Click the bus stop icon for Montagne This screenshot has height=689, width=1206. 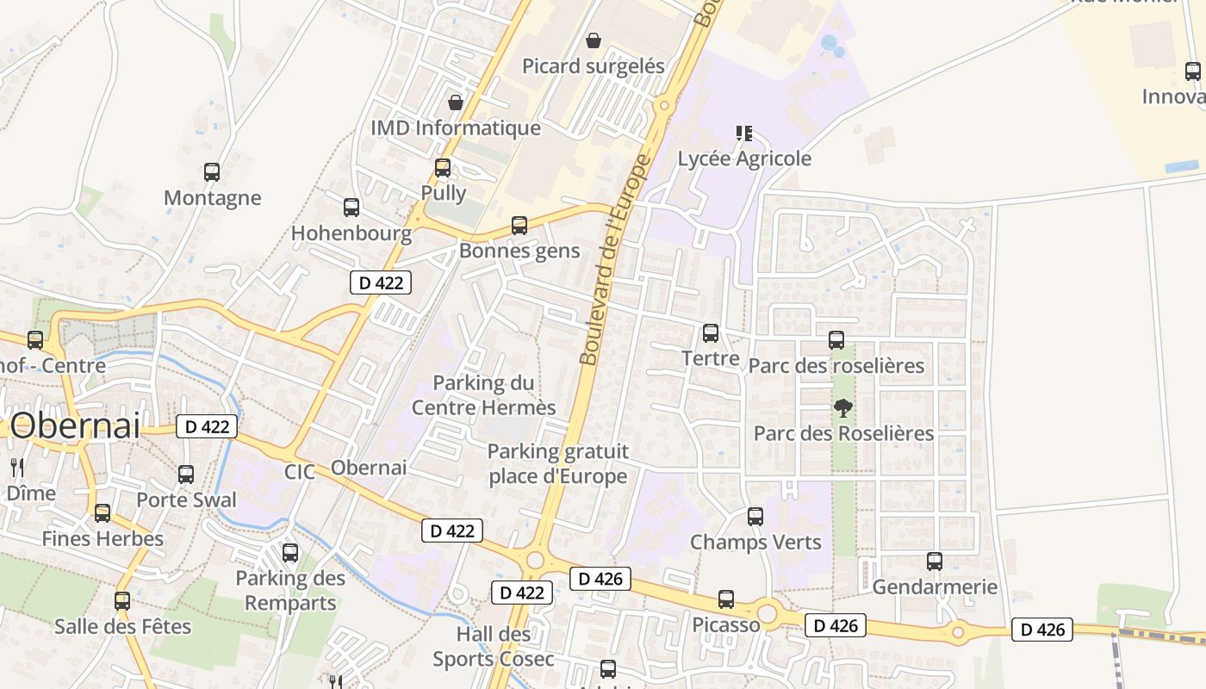pyautogui.click(x=212, y=171)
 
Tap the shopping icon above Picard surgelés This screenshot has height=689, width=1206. pyautogui.click(x=594, y=40)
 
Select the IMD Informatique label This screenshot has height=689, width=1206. pyautogui.click(x=456, y=128)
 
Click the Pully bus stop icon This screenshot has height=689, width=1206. pyautogui.click(x=443, y=167)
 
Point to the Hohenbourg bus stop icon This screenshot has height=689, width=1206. pyautogui.click(x=351, y=207)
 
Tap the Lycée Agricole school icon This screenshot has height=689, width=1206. pyautogui.click(x=744, y=133)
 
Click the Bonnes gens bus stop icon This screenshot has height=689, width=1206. pyautogui.click(x=519, y=226)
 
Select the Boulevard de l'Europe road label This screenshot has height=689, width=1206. pyautogui.click(x=613, y=258)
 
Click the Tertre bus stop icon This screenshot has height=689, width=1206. pyautogui.click(x=711, y=332)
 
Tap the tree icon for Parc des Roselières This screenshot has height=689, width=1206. pyautogui.click(x=843, y=407)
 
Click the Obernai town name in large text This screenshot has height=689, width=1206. pyautogui.click(x=76, y=425)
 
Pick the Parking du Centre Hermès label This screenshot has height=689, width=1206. pyautogui.click(x=483, y=394)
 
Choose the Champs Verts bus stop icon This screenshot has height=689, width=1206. pyautogui.click(x=755, y=517)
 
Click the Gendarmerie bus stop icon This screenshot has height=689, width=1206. pyautogui.click(x=935, y=562)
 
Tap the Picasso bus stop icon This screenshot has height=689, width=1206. pyautogui.click(x=726, y=599)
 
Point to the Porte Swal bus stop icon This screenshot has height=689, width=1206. pyautogui.click(x=186, y=474)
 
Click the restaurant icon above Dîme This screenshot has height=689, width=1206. pyautogui.click(x=16, y=468)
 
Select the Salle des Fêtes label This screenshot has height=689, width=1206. pyautogui.click(x=122, y=626)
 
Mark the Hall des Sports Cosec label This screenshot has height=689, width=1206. pyautogui.click(x=494, y=647)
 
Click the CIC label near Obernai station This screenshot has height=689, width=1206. pyautogui.click(x=301, y=472)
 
